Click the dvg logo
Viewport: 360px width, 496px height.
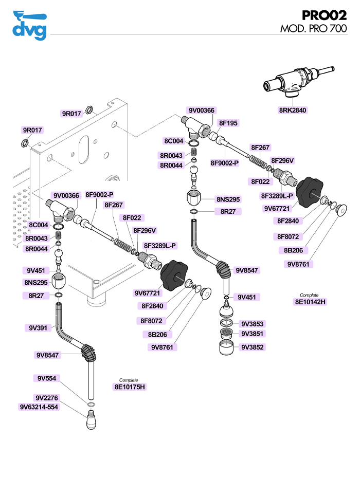point(29,25)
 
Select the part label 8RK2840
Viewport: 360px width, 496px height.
point(293,110)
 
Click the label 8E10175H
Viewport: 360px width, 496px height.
point(129,387)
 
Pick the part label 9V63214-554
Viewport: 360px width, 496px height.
point(39,407)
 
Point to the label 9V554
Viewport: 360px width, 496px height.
point(47,378)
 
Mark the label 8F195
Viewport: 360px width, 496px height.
point(228,123)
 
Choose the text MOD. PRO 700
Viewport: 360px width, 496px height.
point(313,29)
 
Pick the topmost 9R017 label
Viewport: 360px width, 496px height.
point(71,114)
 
